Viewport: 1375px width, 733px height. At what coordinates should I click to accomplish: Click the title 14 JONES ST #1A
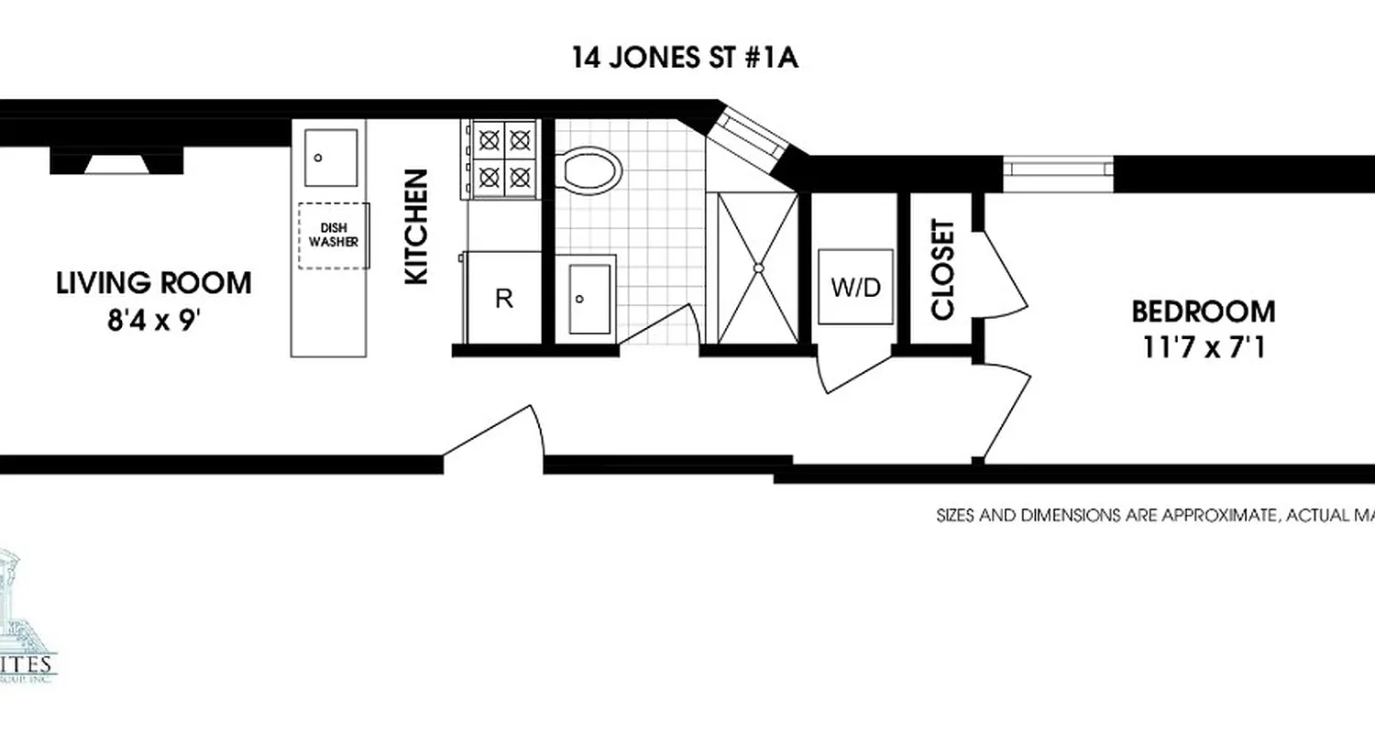(x=686, y=59)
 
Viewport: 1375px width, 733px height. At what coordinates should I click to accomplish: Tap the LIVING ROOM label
(x=154, y=283)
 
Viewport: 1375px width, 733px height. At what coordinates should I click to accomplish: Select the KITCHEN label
(x=417, y=226)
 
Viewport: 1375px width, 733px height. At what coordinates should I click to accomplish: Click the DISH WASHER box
(x=333, y=235)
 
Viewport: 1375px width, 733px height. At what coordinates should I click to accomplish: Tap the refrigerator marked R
(x=503, y=298)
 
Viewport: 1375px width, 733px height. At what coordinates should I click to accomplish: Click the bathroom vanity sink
(x=588, y=299)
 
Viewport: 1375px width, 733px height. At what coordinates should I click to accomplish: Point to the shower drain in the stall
(x=758, y=268)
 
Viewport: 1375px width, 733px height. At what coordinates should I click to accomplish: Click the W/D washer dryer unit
(x=855, y=287)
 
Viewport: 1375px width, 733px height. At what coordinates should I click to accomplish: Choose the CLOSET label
(x=943, y=269)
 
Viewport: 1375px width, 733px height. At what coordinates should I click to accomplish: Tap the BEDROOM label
(x=1203, y=312)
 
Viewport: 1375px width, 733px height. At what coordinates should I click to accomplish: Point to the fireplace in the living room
(x=115, y=162)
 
